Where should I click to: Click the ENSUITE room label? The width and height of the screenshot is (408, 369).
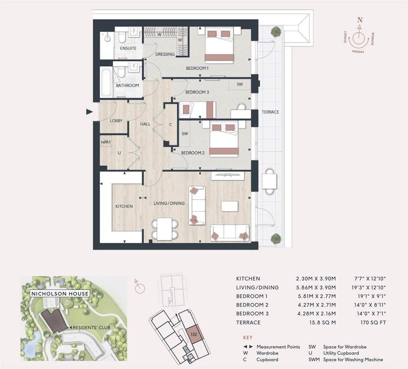pos(128,48)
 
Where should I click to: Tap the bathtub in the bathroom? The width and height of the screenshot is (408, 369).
pos(106,82)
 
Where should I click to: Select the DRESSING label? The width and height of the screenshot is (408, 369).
pos(165,54)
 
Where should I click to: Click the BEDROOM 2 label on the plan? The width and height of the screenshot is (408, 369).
pos(193,153)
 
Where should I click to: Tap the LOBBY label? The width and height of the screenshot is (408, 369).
pos(116,121)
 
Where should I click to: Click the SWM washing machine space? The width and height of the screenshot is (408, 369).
pos(106,141)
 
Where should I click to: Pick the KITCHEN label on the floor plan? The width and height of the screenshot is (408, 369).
pos(124,206)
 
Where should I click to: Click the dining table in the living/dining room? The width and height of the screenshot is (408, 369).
pos(165,229)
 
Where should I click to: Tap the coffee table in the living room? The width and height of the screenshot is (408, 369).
pos(229,206)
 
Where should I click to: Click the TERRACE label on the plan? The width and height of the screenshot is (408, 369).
pos(270,112)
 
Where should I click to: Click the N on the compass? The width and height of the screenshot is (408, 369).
pos(359,20)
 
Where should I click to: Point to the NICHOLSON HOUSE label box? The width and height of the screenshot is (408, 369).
pos(60,293)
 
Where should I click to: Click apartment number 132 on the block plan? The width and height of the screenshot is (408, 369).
pos(194,334)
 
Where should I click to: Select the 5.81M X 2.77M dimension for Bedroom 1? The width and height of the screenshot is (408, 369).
pos(316,296)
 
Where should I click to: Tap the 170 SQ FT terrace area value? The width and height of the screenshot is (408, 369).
pos(373,322)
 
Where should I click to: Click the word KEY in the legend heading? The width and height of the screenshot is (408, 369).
pos(248,337)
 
